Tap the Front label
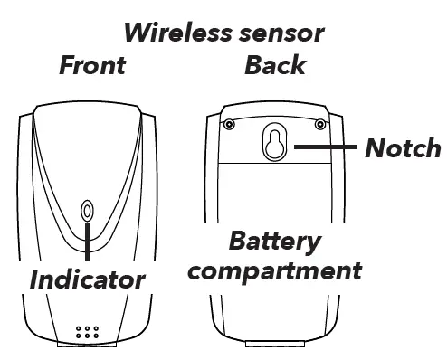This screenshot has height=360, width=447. pyautogui.click(x=91, y=65)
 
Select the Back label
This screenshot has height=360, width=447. pyautogui.click(x=275, y=65)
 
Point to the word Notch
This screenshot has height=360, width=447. pyautogui.click(x=403, y=147)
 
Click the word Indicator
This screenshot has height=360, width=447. pyautogui.click(x=87, y=278)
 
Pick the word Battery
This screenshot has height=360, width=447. pyautogui.click(x=274, y=242)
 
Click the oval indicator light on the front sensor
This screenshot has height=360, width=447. pyautogui.click(x=87, y=211)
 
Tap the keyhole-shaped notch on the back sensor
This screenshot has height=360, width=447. pyautogui.click(x=272, y=143)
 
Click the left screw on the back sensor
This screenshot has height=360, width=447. pyautogui.click(x=229, y=124)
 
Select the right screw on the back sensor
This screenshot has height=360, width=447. pyautogui.click(x=320, y=124)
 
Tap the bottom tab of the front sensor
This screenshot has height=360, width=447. pyautogui.click(x=87, y=344)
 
